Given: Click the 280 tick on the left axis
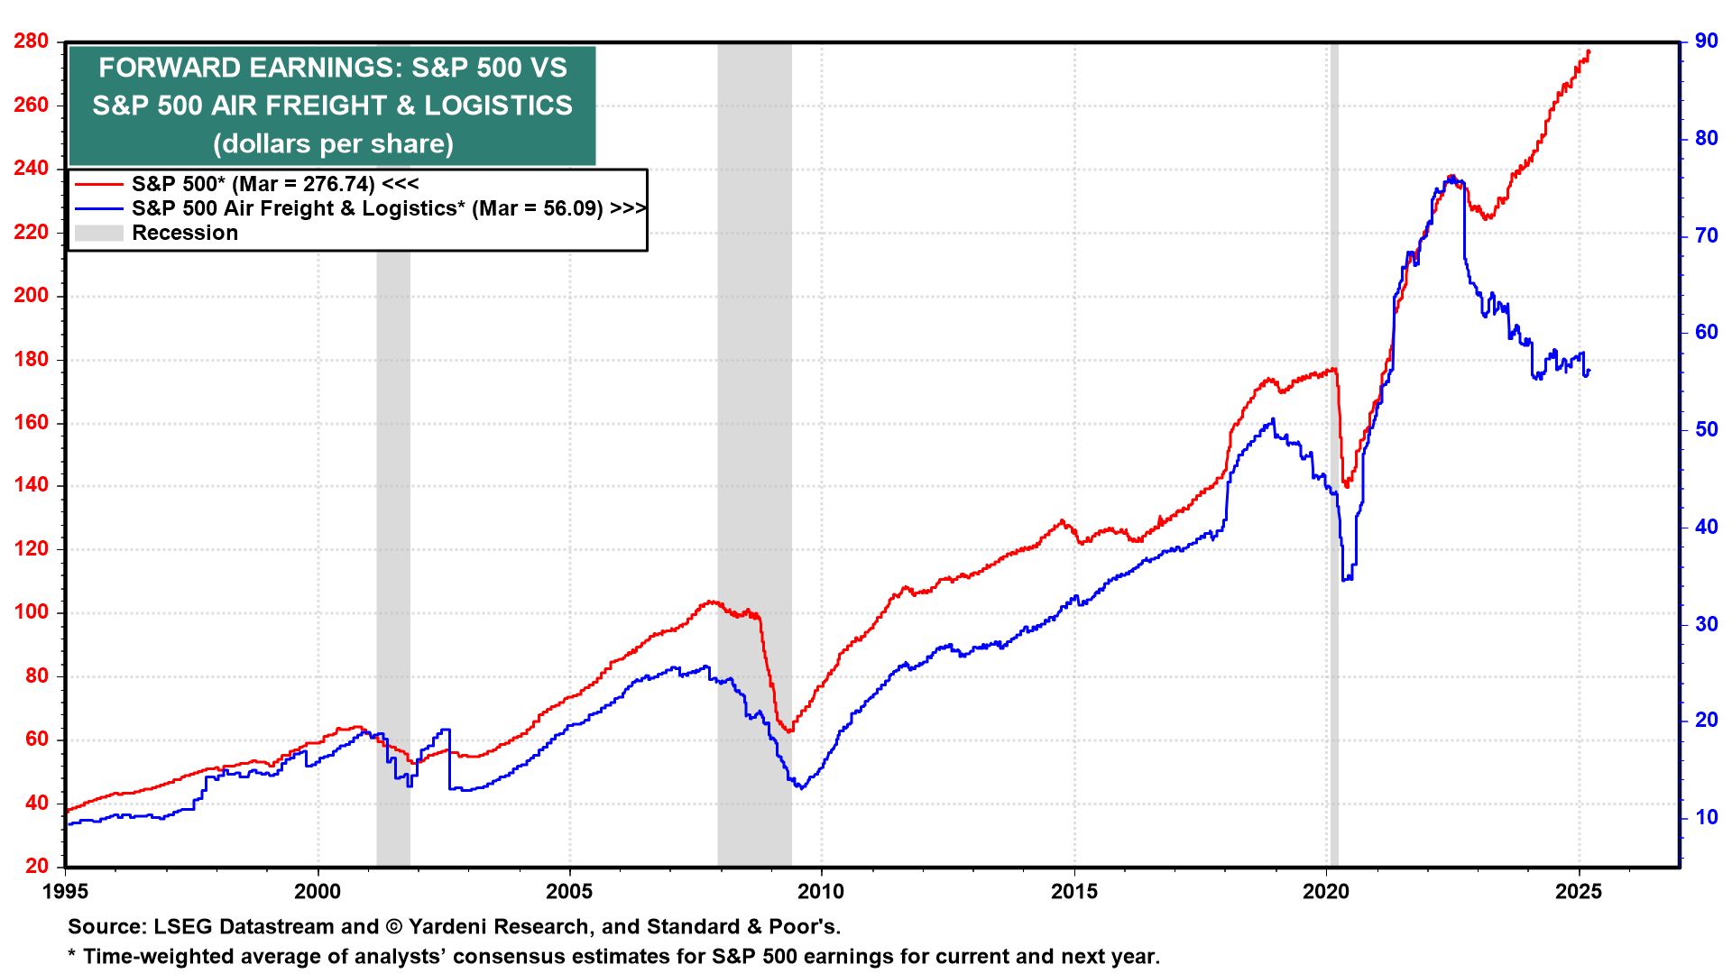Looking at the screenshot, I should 31,41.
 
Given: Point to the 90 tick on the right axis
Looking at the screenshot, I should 1706,41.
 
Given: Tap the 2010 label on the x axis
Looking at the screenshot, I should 822,892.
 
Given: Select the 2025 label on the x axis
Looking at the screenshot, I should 1579,892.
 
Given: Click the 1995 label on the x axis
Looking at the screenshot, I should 66,892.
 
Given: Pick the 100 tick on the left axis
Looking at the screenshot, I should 31,612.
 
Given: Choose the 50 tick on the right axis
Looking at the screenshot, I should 1706,429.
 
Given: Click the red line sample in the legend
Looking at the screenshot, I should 98,184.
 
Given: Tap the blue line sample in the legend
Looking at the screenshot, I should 98,208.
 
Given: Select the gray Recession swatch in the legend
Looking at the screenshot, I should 98,233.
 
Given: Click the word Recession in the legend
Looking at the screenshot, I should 185,233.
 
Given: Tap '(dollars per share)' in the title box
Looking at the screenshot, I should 333,143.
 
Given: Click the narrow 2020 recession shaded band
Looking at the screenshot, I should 1334,451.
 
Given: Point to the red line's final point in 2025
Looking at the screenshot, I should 1589,51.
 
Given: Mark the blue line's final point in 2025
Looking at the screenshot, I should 1589,371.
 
